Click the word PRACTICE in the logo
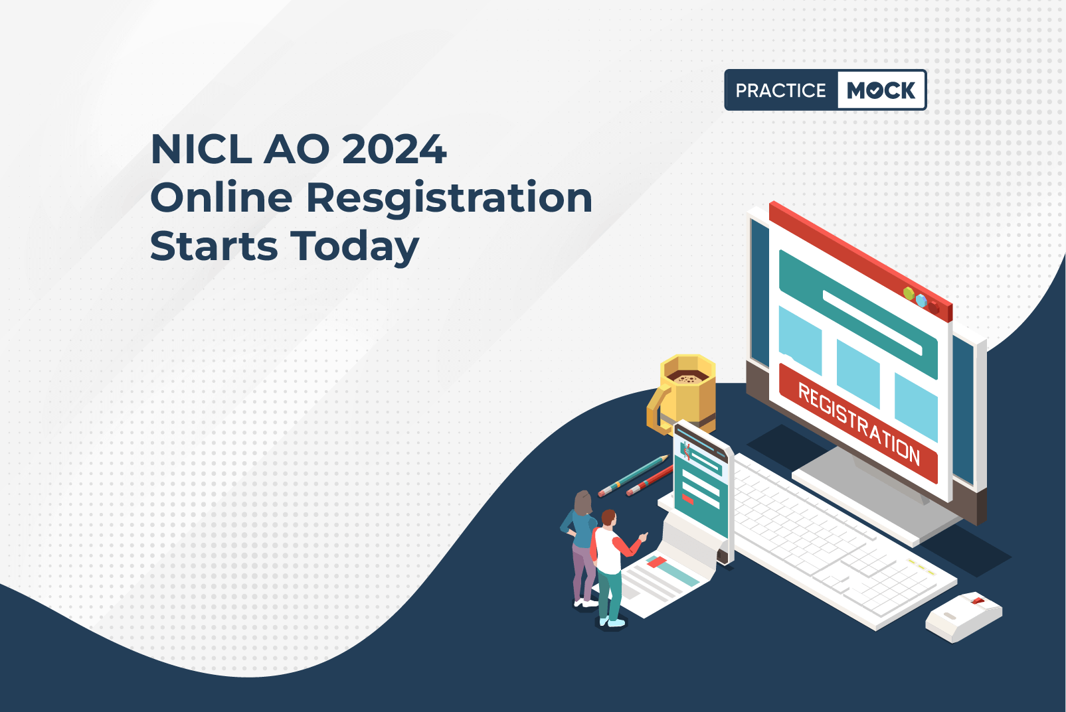[780, 90]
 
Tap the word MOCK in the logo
[881, 90]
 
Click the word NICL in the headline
[201, 150]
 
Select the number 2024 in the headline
[394, 150]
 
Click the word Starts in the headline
[214, 246]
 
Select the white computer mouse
[964, 617]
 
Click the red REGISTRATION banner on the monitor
[858, 423]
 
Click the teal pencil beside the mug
[633, 476]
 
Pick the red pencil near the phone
[650, 481]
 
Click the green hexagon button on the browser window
[909, 294]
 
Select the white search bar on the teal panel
[872, 322]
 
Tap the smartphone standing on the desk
[704, 492]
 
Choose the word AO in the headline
[296, 150]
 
